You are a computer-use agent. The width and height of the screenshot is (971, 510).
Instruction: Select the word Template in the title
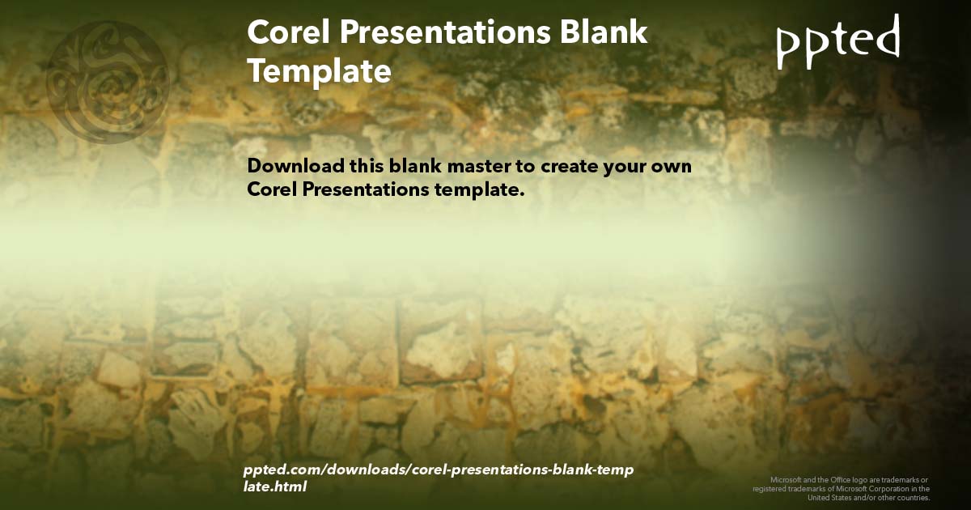[319, 71]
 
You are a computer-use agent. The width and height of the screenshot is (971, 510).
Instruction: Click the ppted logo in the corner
[837, 40]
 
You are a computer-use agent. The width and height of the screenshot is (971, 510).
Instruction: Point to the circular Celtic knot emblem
[108, 81]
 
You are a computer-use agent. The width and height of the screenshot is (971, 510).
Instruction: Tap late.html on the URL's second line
[274, 487]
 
